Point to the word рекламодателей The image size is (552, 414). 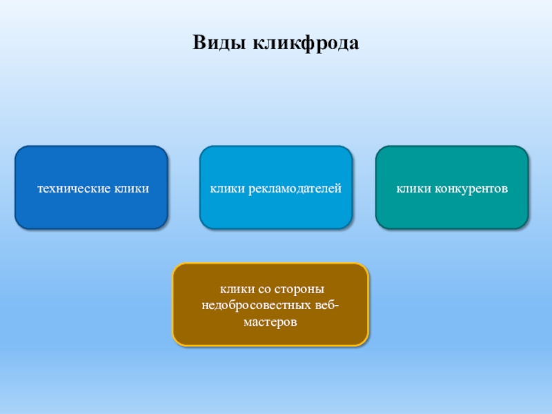[x=298, y=188]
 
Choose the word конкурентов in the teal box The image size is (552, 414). [x=471, y=188]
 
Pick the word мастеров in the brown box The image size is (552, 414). [x=270, y=322]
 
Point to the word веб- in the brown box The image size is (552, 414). [x=325, y=305]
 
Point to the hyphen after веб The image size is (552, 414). [x=337, y=306]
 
